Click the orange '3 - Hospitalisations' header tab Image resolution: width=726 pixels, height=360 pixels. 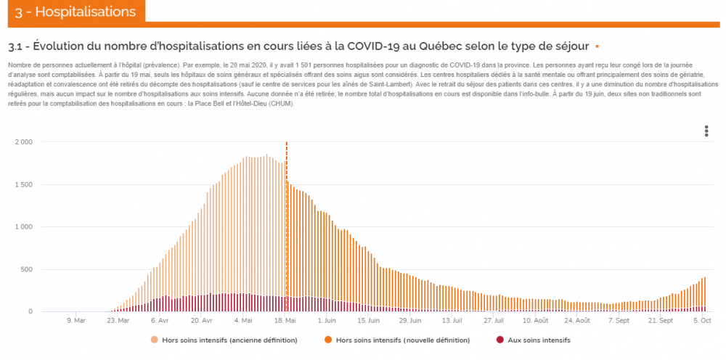click(75, 12)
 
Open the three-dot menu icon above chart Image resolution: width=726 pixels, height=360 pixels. click(706, 131)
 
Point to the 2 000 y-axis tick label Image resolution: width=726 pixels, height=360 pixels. click(23, 142)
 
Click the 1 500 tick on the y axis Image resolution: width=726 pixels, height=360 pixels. click(23, 184)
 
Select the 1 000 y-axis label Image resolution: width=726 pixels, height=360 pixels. click(23, 227)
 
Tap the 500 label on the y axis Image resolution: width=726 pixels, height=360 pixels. click(26, 269)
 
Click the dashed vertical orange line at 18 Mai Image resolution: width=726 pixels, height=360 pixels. click(287, 218)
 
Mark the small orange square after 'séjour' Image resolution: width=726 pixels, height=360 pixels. click(596, 46)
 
